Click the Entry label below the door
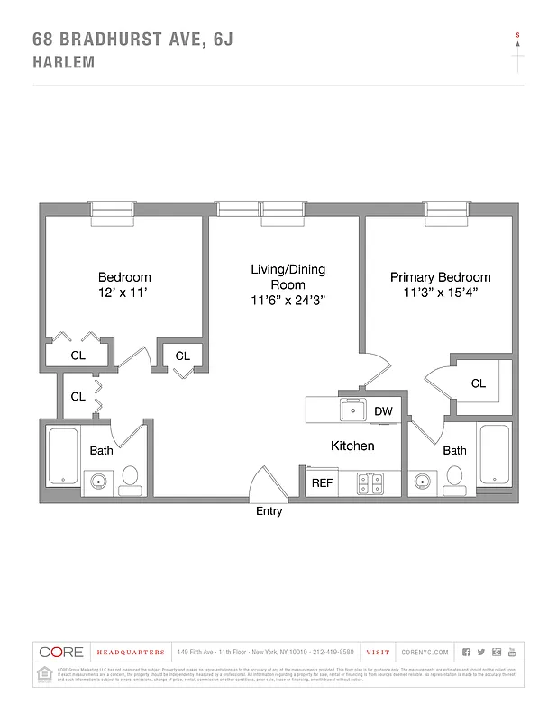point(269,511)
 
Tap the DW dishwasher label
point(383,411)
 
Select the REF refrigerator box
point(322,483)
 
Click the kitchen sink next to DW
point(352,411)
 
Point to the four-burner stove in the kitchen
point(370,483)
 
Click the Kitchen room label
point(352,445)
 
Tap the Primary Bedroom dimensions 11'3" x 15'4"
point(440,293)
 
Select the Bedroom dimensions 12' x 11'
point(123,293)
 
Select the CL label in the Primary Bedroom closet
point(478,383)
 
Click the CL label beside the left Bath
point(78,396)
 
